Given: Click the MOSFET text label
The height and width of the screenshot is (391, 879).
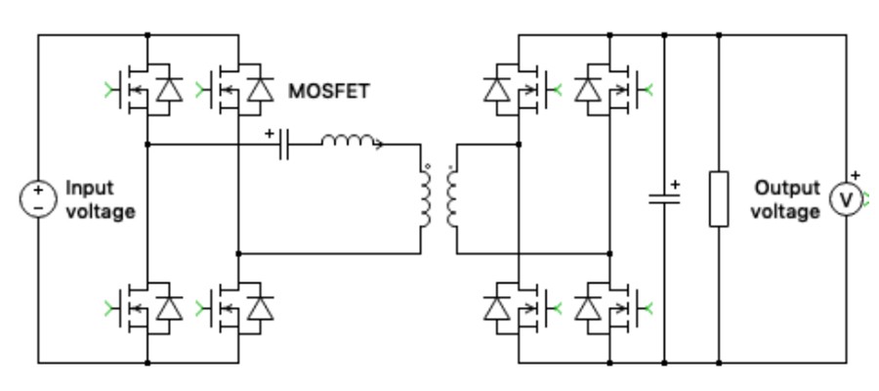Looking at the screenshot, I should pos(328,91).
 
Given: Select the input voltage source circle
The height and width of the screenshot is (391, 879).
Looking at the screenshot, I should pos(38,198).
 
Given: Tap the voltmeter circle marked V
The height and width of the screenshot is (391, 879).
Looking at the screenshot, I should pos(846,199).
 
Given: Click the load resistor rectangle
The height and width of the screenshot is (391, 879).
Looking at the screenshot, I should pos(719,198).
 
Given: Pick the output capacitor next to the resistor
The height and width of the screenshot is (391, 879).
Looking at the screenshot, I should pos(664,198).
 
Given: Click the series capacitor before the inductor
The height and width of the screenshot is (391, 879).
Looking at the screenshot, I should pos(285,145).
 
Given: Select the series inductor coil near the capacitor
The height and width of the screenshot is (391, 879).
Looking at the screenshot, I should pos(350,144).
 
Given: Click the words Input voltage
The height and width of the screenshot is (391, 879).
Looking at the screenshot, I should pos(100,198).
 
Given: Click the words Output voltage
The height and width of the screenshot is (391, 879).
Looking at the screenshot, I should pos(787,198).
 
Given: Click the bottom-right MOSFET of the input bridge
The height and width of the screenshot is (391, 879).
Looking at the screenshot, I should pos(239,308).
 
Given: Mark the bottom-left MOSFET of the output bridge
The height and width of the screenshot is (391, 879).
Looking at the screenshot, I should pos(515,308).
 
